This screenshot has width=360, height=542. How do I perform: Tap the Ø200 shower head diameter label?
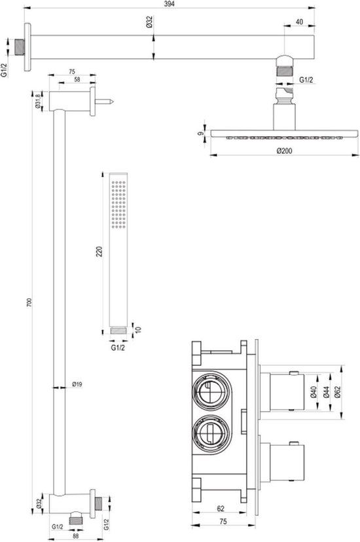283,150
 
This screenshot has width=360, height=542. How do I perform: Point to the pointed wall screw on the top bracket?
107,101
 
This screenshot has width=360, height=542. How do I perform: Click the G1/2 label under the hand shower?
118,347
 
